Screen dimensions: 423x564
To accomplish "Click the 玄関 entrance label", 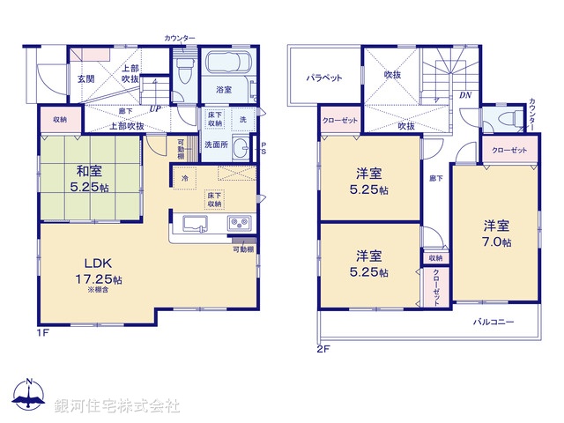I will [x=85, y=79].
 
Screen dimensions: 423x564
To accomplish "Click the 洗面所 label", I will [x=216, y=145].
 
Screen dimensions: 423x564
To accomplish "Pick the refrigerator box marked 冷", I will [x=185, y=179].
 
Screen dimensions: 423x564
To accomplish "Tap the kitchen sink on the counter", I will [x=193, y=223].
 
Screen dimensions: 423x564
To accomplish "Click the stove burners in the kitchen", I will [x=239, y=223].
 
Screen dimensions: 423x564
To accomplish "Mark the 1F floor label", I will [x=42, y=331].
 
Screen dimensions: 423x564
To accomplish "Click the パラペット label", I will [x=324, y=78].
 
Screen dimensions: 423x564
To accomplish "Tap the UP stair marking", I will [x=156, y=109].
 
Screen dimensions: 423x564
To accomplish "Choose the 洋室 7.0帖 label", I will [x=496, y=234].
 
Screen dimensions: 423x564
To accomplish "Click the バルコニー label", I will [x=493, y=322].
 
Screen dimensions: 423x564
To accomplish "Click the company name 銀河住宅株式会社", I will [x=117, y=406].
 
